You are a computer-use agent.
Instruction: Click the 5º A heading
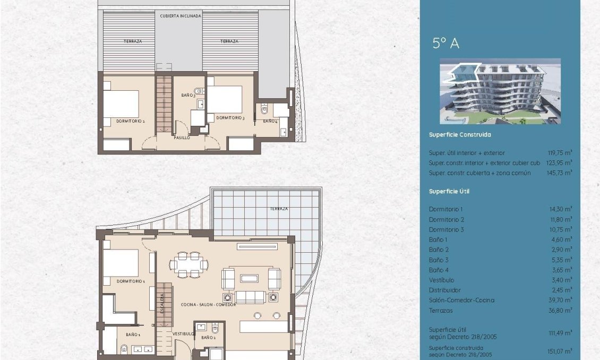click(x=445, y=44)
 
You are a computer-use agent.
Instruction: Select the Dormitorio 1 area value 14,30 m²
click(x=560, y=209)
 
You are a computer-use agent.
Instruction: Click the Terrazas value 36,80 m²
click(x=560, y=311)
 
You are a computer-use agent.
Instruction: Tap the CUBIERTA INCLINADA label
click(x=181, y=16)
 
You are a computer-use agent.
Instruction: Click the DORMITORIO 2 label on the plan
click(x=131, y=121)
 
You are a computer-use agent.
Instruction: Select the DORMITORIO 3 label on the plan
click(x=230, y=118)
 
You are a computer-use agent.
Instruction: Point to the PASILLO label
click(x=182, y=138)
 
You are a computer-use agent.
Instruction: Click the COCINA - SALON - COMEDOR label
click(x=209, y=304)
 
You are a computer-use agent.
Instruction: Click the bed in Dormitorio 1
click(x=121, y=263)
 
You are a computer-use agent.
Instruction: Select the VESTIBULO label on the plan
click(x=183, y=333)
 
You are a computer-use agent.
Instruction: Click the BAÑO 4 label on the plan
click(x=270, y=122)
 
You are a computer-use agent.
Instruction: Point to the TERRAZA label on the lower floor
click(x=279, y=209)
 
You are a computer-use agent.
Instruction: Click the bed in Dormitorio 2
click(x=121, y=104)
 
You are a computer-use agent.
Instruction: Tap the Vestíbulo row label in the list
click(x=441, y=280)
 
